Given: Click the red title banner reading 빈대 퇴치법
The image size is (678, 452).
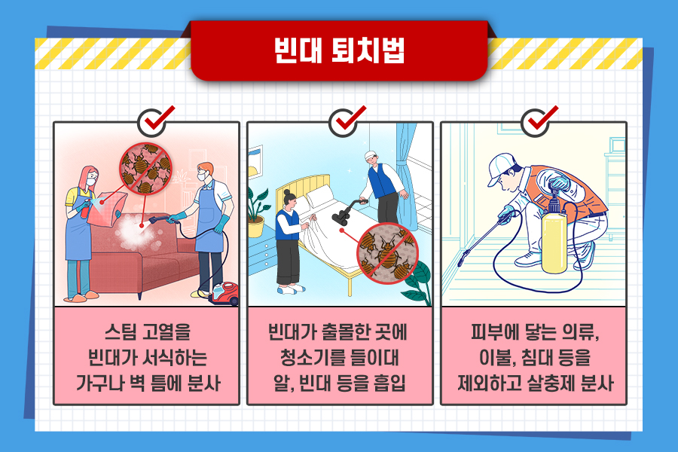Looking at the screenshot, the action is tap(339, 50).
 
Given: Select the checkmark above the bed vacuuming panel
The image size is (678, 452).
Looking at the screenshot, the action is tap(347, 121).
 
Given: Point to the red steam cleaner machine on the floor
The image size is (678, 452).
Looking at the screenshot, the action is tap(224, 293).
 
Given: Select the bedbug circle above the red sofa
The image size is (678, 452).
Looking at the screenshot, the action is tap(145, 168).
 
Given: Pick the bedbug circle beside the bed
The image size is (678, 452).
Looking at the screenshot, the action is tap(387, 253).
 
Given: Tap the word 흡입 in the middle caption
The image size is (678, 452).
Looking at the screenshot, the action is tap(390, 383).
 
